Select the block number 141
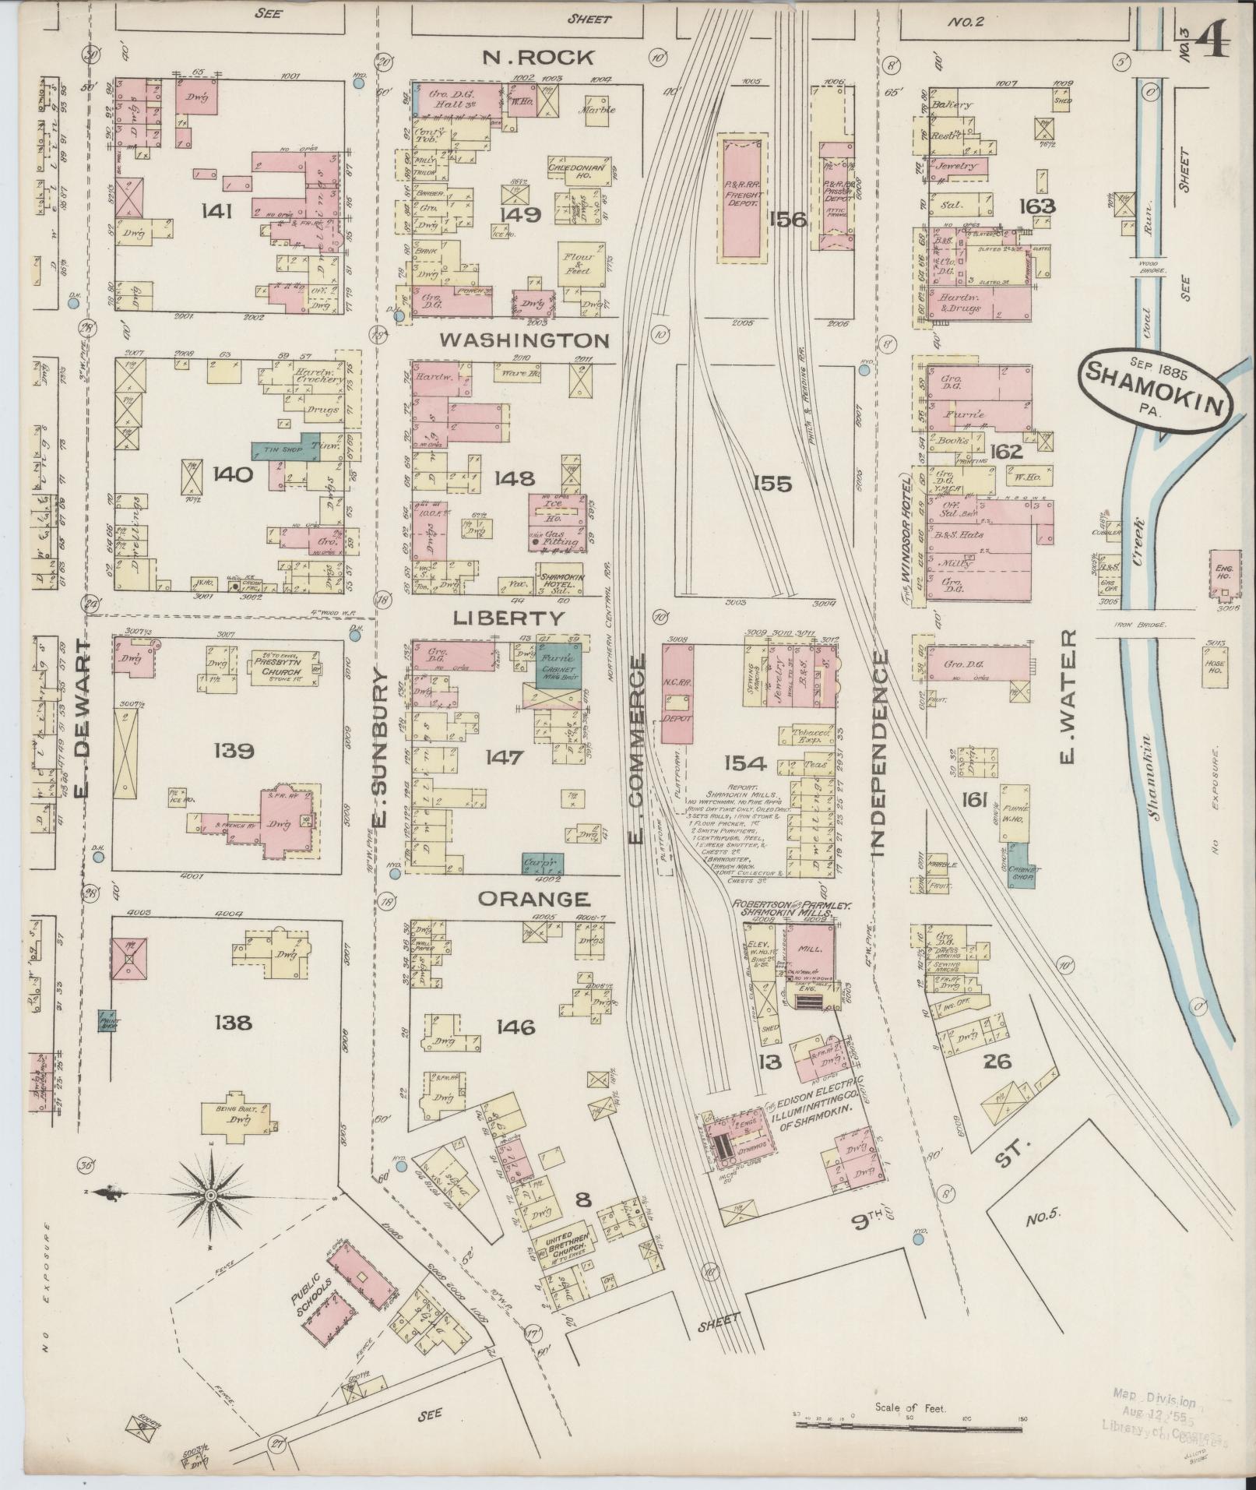point(215,210)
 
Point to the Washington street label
point(523,340)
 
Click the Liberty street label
point(509,618)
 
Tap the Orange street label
point(533,898)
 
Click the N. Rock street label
point(538,57)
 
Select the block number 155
point(771,484)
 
